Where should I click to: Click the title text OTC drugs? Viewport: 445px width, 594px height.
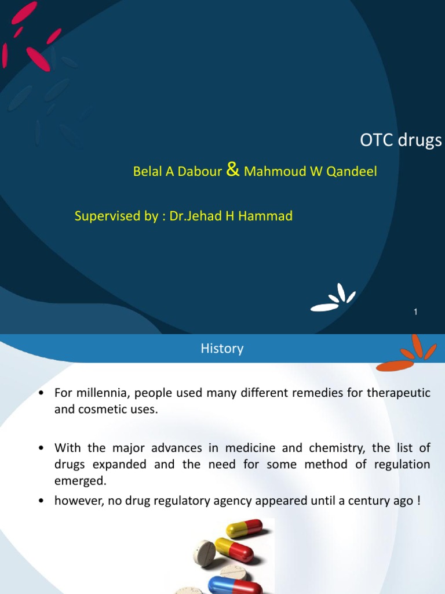tap(401, 140)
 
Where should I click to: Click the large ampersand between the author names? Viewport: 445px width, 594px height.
tap(232, 170)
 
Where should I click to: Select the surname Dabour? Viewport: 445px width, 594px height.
tap(203, 172)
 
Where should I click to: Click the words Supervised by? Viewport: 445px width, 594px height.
tap(115, 216)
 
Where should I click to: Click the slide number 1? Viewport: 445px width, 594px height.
tap(415, 312)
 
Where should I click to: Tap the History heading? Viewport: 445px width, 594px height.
tap(222, 349)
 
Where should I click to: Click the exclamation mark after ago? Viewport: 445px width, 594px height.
tap(418, 501)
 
